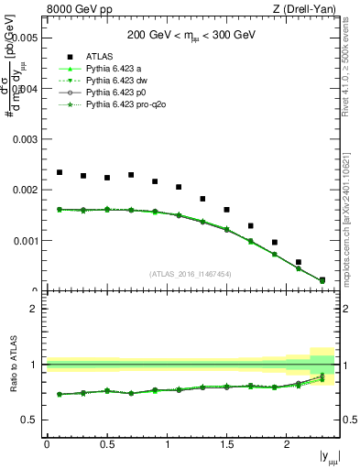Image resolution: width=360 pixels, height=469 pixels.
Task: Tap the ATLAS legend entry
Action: [101, 56]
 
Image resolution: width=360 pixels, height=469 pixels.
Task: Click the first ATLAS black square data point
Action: [60, 172]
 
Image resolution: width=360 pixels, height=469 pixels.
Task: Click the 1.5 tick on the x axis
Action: [226, 444]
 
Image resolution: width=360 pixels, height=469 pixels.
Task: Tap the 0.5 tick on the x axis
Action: [106, 444]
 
